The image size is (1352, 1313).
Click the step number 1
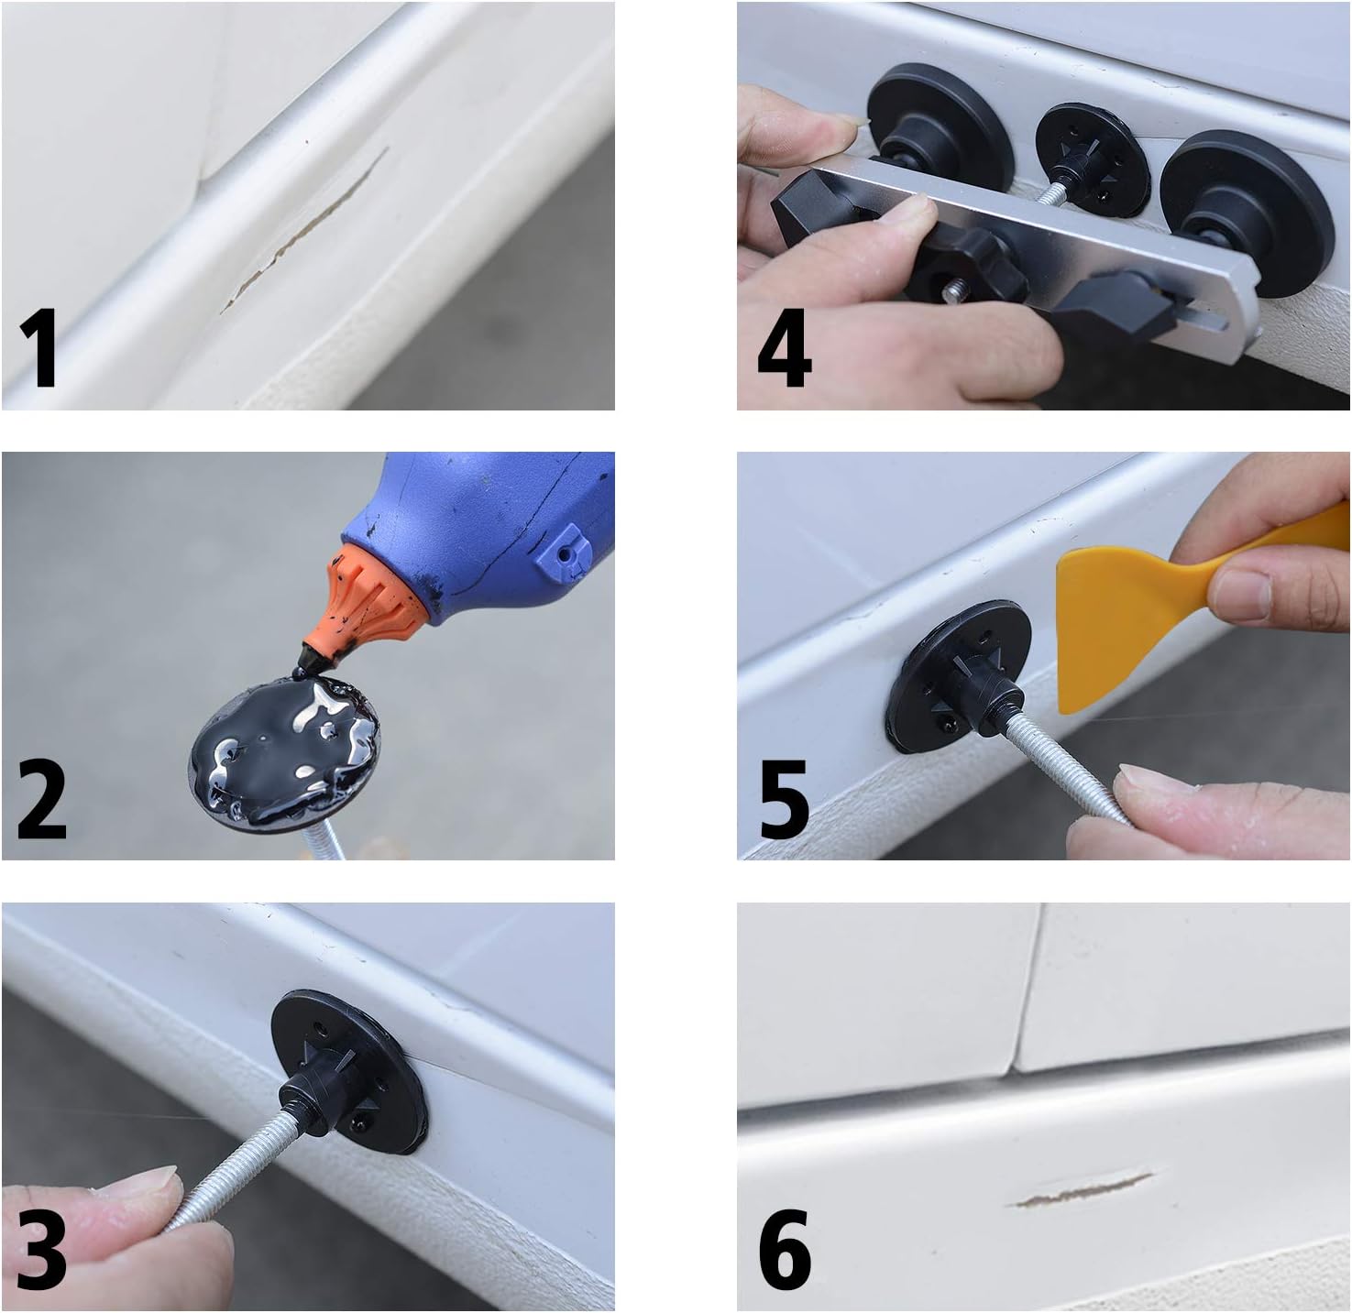[x=38, y=349]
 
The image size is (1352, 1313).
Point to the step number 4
[x=784, y=349]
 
